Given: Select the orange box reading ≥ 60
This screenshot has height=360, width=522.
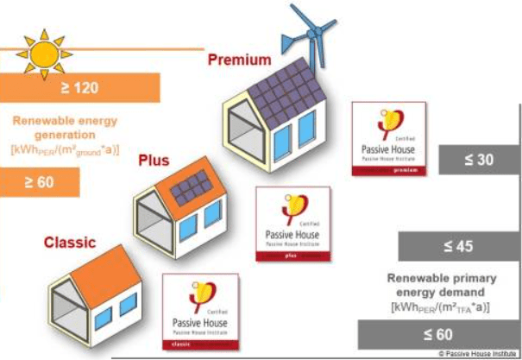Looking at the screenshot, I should coord(40,180).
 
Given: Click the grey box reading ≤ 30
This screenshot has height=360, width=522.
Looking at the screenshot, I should coord(479,160).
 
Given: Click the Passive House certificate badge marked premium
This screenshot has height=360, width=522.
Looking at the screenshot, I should coord(389,140).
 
